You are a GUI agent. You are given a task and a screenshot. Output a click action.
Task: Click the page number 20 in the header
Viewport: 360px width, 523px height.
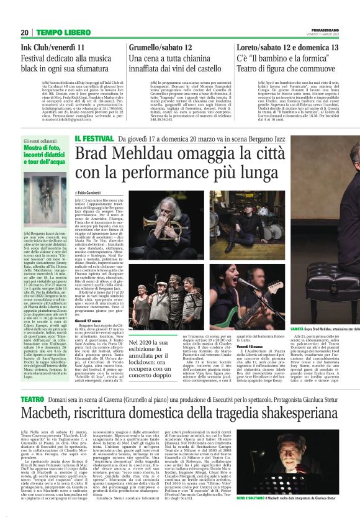click(x=25, y=32)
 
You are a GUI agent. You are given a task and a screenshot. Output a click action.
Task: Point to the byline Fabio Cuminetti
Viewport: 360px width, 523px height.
click(x=94, y=194)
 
